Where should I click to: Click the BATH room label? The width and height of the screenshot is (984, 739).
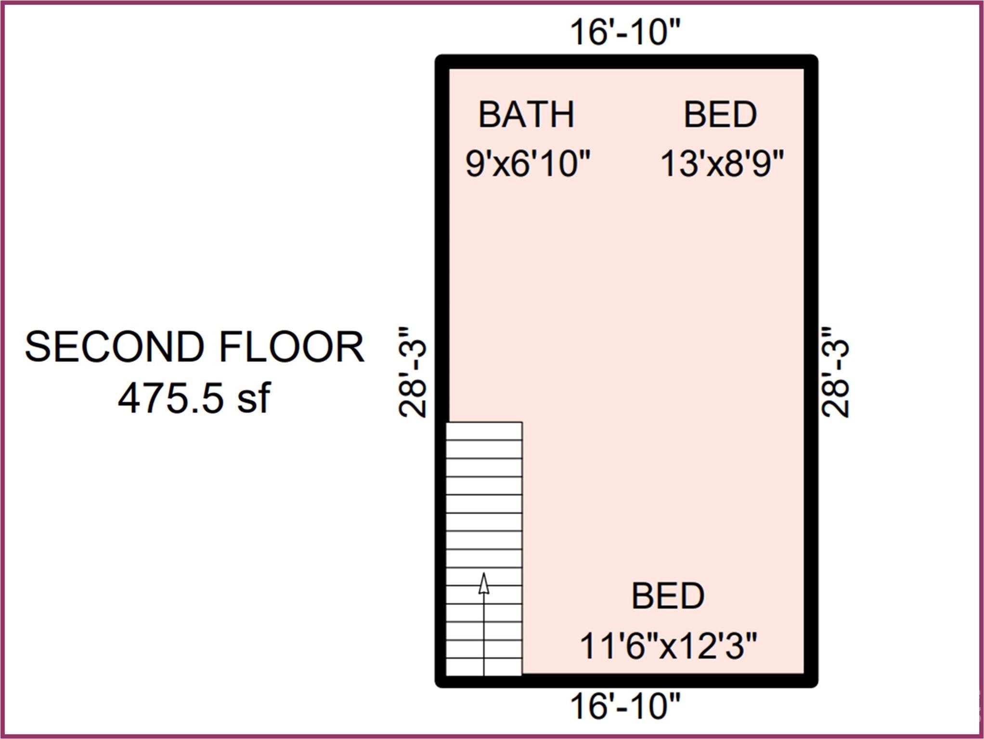click(x=526, y=115)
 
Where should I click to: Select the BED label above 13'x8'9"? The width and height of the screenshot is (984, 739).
click(x=720, y=115)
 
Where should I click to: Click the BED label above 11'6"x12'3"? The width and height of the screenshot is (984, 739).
click(x=668, y=596)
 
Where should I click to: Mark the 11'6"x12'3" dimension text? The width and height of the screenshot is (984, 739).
click(x=668, y=645)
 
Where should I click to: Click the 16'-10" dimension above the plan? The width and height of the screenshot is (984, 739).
click(x=625, y=32)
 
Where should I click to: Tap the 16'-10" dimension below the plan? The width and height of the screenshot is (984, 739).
click(x=625, y=706)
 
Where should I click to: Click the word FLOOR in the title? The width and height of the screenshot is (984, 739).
click(x=292, y=346)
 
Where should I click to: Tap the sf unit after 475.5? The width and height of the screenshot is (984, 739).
click(x=254, y=398)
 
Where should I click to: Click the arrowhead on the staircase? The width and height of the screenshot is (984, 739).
click(x=484, y=583)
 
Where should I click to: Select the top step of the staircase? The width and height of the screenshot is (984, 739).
click(x=484, y=431)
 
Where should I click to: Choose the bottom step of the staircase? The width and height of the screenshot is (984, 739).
click(x=484, y=667)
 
